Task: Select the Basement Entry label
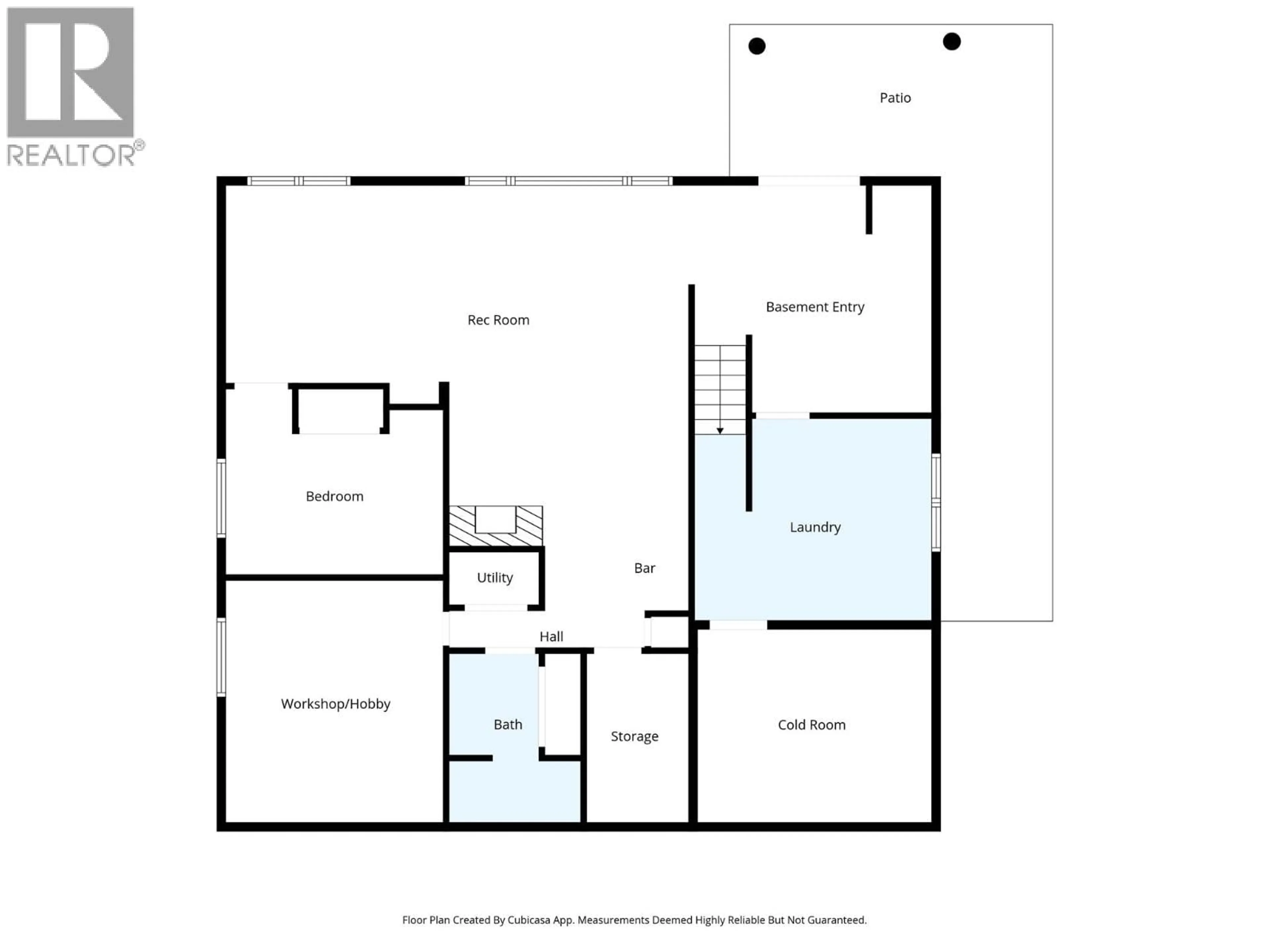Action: pos(815,307)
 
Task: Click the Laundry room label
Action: pos(815,527)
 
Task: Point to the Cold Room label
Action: pos(811,725)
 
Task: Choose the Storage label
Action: pos(634,736)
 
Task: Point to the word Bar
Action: pos(644,568)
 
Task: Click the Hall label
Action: pos(551,636)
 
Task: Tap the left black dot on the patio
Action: pos(757,46)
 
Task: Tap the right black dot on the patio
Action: pos(951,41)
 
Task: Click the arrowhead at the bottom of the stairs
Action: pos(719,430)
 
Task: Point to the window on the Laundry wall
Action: pos(935,502)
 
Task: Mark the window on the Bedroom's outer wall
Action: pos(221,498)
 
